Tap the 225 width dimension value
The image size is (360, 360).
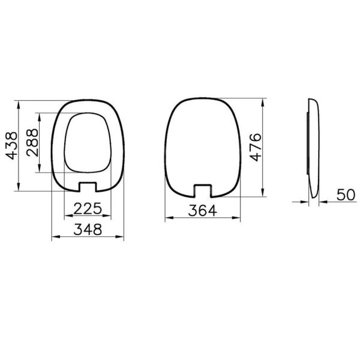point(88,209)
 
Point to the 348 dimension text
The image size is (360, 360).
point(88,229)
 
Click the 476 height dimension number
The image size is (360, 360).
point(256,146)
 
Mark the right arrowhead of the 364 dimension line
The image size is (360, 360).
point(242,219)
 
